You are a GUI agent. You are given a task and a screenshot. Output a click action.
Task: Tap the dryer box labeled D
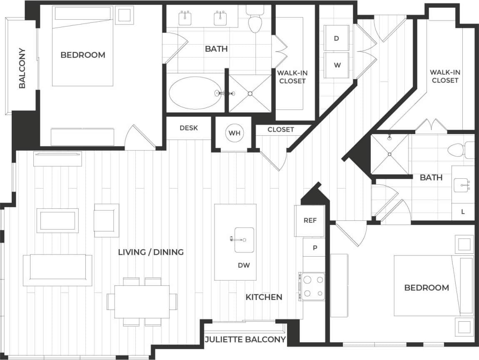[x=337, y=38]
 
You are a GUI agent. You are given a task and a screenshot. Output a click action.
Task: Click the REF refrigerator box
[x=310, y=221]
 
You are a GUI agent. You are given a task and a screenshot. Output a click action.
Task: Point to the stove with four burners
[x=313, y=286]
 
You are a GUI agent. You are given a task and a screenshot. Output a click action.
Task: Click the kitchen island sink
[x=244, y=240]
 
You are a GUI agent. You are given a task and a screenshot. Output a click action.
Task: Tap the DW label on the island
[x=244, y=265]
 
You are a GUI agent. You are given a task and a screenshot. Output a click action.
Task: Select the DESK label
[x=189, y=128]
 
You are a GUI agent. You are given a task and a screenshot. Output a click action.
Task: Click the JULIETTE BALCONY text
[x=245, y=340]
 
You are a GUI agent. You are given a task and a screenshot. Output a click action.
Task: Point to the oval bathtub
[x=195, y=93]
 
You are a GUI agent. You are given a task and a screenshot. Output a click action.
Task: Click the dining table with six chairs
[x=142, y=301]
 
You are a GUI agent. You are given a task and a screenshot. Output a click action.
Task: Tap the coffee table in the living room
[x=57, y=220]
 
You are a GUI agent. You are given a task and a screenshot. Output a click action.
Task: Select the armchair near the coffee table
[x=107, y=220]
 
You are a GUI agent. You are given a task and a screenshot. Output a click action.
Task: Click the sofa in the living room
[x=57, y=270]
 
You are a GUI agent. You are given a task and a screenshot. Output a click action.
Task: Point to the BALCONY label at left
[x=22, y=68]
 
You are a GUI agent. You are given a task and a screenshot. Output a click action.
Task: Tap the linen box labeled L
[x=463, y=211]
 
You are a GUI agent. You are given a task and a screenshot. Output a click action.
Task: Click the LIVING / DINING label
[x=151, y=252]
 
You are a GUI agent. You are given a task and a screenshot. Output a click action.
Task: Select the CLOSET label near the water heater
[x=281, y=130]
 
